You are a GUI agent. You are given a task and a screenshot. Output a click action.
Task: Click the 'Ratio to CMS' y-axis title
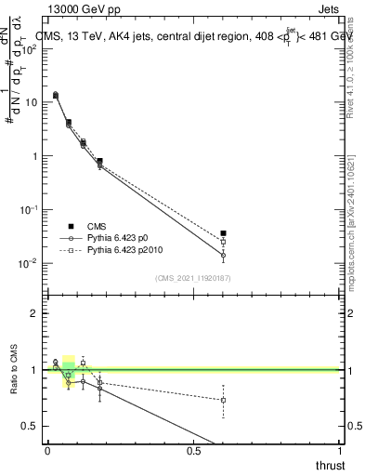point(13,369)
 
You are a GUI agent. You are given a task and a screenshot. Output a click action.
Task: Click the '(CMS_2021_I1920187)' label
point(191,277)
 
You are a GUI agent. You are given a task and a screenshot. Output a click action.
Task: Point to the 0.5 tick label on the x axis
point(193,450)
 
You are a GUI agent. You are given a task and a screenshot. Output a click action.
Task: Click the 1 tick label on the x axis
point(339,450)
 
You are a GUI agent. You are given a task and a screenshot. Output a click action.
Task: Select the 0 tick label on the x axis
point(47,450)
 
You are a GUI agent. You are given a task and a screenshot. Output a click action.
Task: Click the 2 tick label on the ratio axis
point(34,313)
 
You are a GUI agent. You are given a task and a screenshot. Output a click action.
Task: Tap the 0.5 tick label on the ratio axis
point(30,426)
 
